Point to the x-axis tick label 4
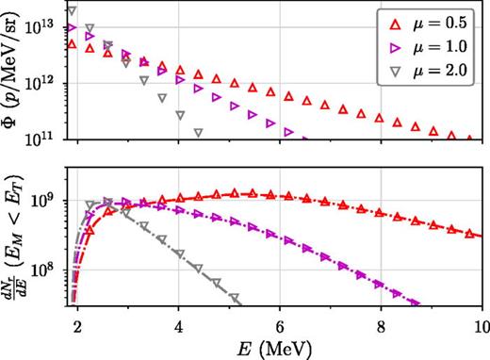click(178, 329)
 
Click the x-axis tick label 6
click(279, 329)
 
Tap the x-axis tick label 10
click(478, 329)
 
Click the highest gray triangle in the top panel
click(73, 11)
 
